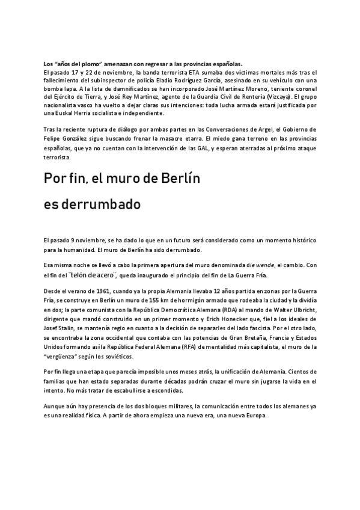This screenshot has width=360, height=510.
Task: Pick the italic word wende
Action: pyautogui.click(x=262, y=264)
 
